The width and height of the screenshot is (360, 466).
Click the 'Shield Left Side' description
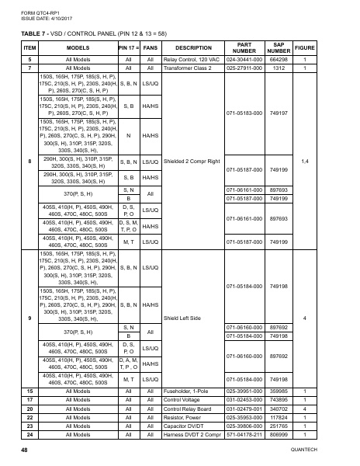(x=185, y=318)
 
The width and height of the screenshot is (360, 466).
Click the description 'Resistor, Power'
(x=185, y=416)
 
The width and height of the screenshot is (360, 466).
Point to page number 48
(x=26, y=451)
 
